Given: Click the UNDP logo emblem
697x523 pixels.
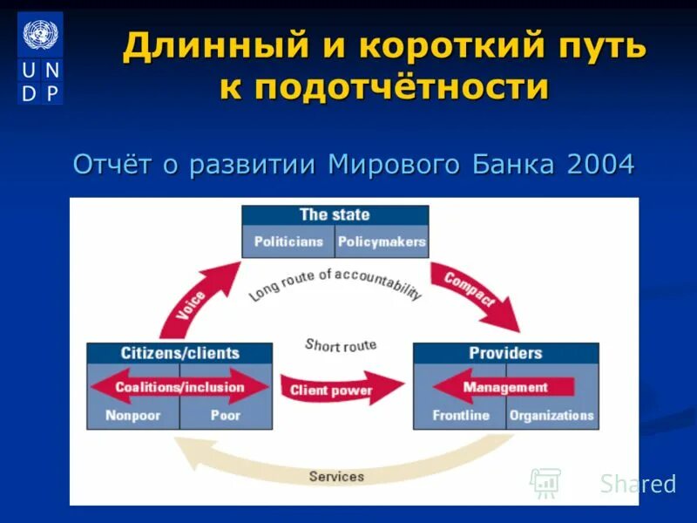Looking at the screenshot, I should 40,58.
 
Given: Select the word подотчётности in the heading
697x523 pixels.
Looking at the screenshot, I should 384,87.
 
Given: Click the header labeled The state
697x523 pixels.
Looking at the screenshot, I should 335,215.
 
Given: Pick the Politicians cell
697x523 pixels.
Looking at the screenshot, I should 288,241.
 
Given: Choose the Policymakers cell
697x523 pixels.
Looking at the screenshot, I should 382,241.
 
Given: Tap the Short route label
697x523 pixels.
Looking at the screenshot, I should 341,345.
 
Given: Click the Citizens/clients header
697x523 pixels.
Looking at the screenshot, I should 179,353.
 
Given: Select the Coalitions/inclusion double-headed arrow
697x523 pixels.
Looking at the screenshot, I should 179,387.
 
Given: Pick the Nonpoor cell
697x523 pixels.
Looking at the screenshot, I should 133,416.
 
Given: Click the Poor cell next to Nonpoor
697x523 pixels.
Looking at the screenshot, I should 226,416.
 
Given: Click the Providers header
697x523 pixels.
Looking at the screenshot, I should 505,353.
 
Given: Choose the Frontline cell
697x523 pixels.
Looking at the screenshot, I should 460,416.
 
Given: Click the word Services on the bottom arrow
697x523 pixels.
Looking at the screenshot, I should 336,476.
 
